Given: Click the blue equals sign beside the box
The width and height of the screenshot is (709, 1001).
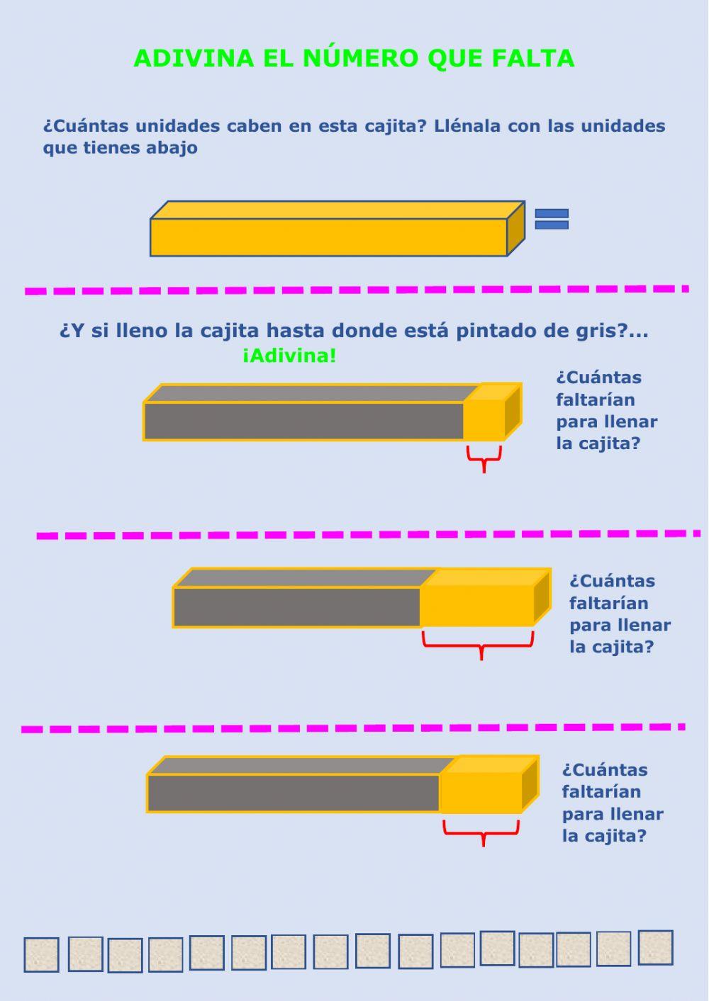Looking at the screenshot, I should [552, 219].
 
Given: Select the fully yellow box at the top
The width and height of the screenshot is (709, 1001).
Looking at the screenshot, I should [328, 237].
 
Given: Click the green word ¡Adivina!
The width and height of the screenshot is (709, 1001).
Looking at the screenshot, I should [289, 356].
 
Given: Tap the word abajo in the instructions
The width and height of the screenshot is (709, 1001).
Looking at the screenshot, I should [172, 148].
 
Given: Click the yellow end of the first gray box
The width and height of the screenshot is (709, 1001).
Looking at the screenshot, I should [484, 421].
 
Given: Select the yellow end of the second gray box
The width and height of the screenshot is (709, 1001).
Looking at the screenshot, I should [476, 606].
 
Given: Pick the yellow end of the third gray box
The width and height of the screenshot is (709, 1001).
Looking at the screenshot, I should [481, 793].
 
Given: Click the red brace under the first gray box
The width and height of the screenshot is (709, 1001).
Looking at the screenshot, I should [484, 457].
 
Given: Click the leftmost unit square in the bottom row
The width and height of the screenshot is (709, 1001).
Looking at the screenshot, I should [41, 955].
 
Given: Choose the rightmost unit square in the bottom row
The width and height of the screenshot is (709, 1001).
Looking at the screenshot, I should [655, 948].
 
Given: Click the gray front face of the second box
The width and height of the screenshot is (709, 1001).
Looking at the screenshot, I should [297, 607].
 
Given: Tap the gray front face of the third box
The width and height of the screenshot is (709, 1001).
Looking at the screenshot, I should [294, 793].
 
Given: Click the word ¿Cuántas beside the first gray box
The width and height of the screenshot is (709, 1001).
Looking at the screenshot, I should [598, 378].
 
